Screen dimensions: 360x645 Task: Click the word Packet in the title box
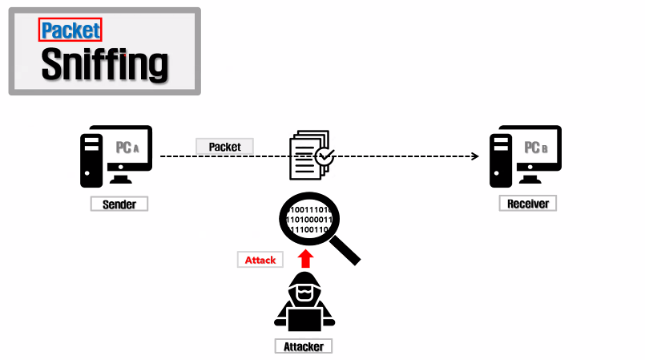71,30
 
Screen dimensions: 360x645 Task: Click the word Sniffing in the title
104,63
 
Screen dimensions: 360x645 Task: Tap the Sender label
119,204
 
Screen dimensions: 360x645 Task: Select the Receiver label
528,204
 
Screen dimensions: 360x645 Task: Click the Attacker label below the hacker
304,346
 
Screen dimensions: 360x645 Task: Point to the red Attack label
260,260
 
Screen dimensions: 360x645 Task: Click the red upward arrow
304,257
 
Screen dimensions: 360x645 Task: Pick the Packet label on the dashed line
224,147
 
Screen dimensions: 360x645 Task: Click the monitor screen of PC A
128,148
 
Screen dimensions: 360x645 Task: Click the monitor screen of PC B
537,148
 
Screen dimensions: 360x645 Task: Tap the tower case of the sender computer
91,160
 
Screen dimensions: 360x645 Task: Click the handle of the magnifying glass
347,251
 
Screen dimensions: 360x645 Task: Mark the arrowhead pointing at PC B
475,156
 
